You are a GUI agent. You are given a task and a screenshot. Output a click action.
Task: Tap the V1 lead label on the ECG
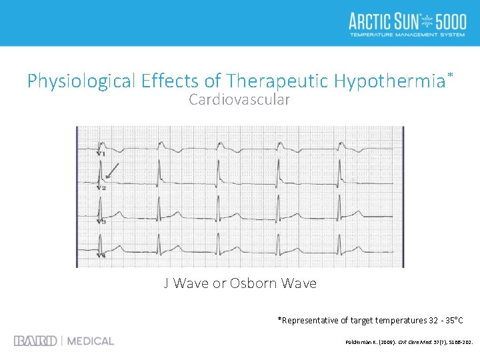101,153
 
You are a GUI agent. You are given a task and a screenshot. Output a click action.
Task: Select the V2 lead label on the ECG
101,187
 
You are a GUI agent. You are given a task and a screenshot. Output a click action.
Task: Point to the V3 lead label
101,221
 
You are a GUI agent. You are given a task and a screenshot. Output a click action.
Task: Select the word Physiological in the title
81,81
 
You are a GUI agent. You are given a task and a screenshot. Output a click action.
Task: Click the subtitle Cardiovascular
239,100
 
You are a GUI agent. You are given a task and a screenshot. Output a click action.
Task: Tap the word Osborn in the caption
255,283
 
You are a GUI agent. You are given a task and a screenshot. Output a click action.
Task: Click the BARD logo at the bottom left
35,341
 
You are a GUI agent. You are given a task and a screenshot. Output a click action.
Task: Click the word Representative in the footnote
311,321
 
